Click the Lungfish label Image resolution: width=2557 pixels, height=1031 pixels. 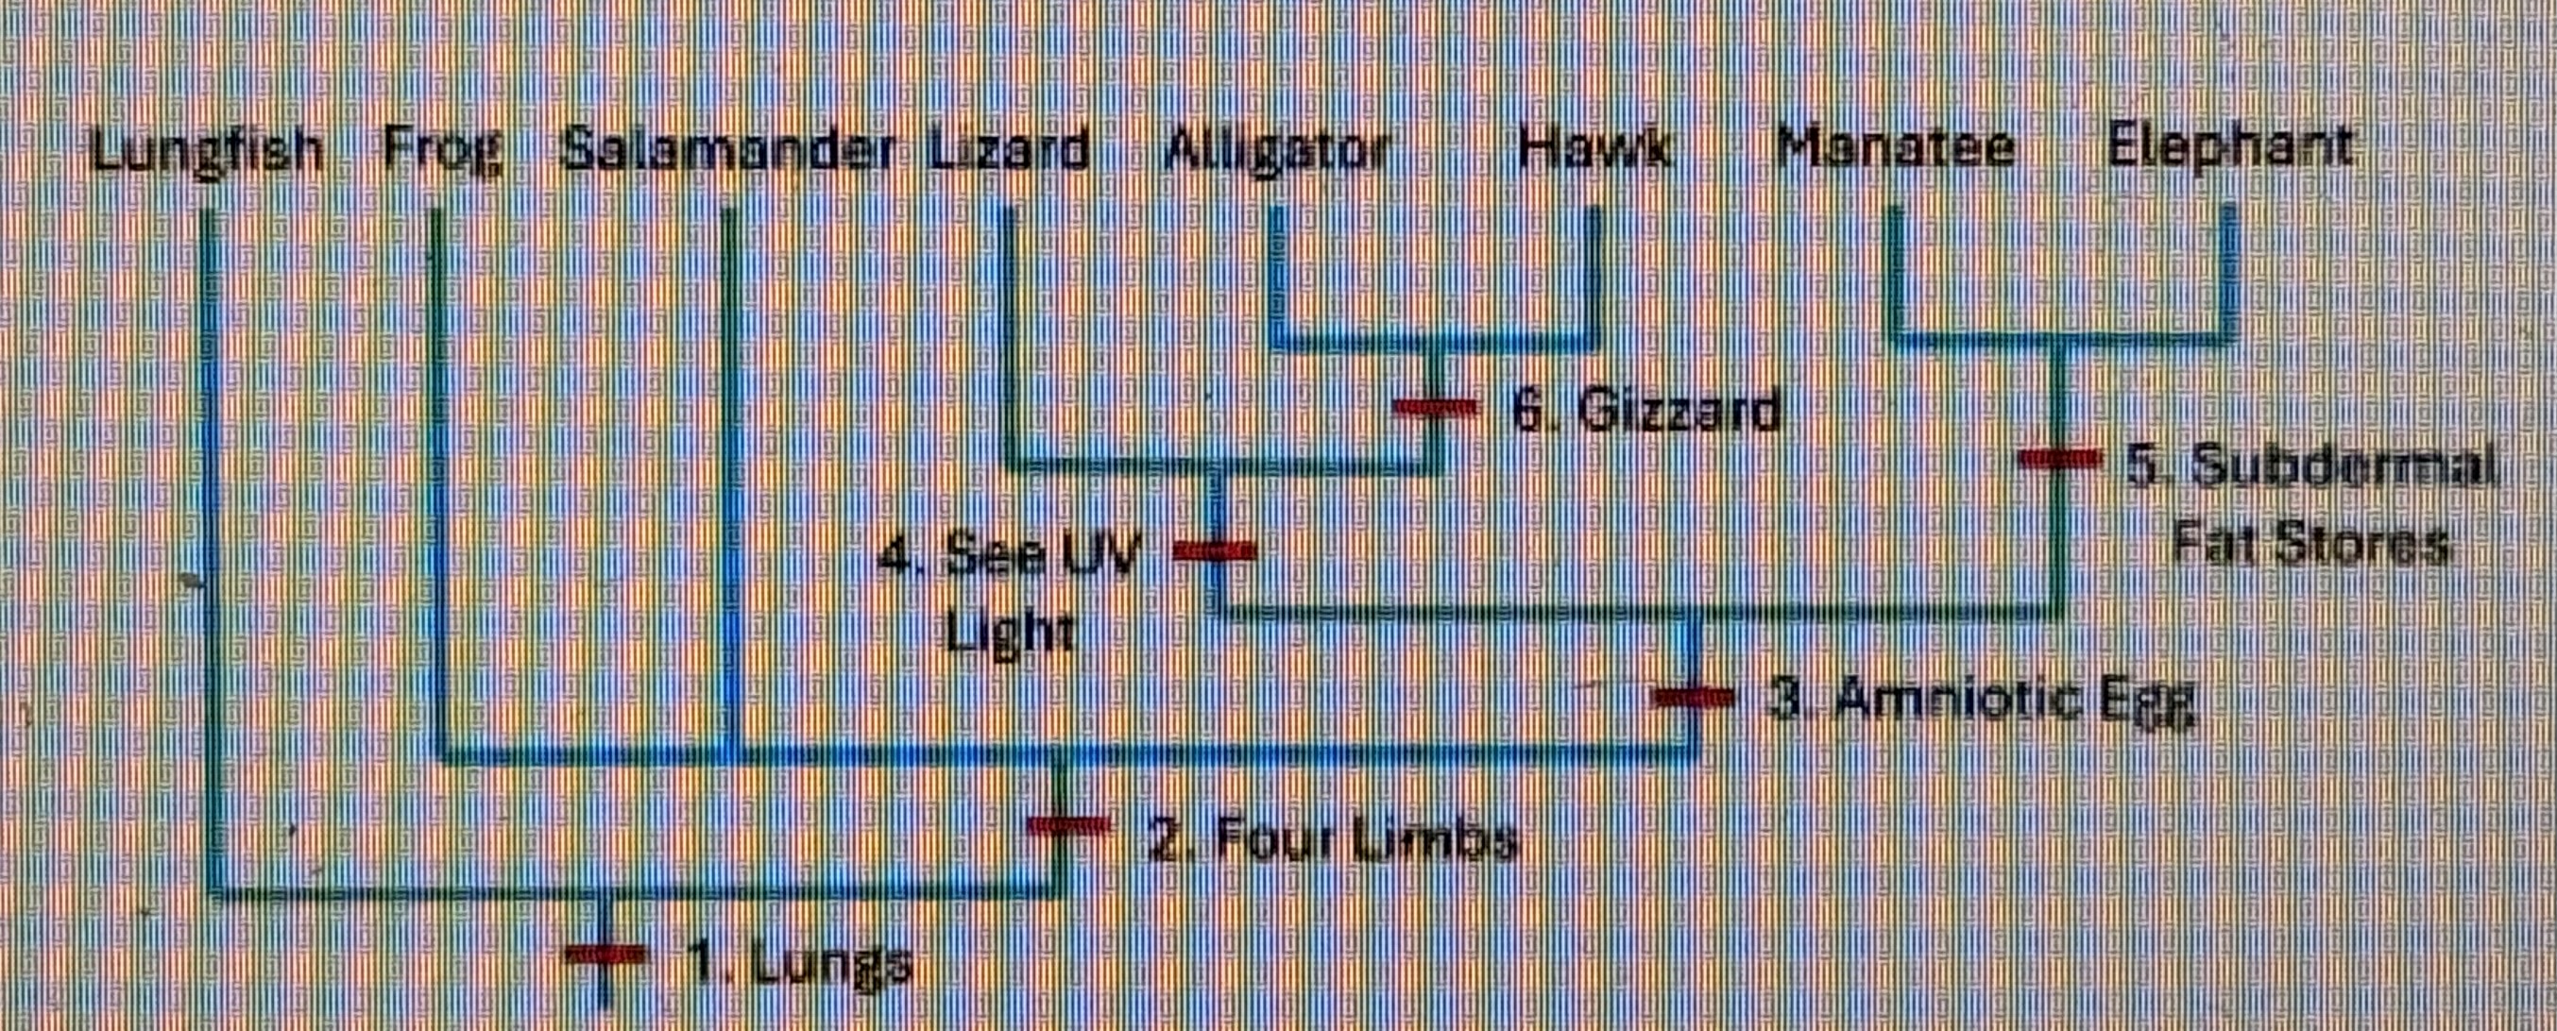coord(207,152)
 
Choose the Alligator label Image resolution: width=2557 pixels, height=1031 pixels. coord(1276,152)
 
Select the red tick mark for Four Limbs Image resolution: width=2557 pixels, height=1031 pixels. coord(1067,825)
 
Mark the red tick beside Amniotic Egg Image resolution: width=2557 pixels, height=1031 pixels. coord(1693,698)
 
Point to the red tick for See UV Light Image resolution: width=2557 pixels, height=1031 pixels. coord(1215,549)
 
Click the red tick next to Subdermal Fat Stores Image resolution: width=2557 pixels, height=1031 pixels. coord(2062,459)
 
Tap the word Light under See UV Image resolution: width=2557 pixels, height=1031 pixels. coord(1010,631)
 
